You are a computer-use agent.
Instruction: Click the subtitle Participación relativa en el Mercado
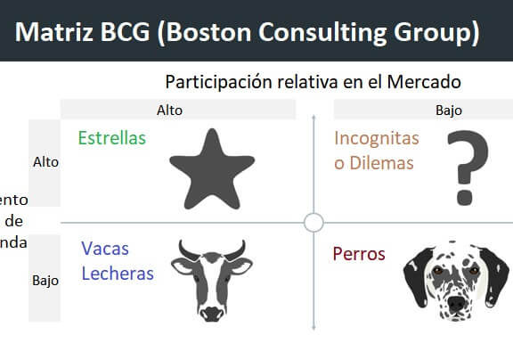[312, 82]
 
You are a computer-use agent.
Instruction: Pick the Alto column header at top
[177, 110]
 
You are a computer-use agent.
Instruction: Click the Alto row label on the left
[45, 162]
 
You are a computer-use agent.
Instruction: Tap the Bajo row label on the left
[45, 280]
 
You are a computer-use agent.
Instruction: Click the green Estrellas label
[111, 138]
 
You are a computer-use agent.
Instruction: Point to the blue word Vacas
[105, 250]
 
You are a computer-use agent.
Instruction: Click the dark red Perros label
[358, 254]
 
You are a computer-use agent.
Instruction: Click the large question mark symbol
[467, 167]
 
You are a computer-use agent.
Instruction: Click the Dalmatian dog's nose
[457, 303]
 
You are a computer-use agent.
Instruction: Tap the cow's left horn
[182, 245]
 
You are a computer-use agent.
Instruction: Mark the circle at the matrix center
[313, 222]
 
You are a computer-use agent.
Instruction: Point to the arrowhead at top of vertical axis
[313, 116]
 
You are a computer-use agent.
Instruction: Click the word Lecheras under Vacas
[117, 274]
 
